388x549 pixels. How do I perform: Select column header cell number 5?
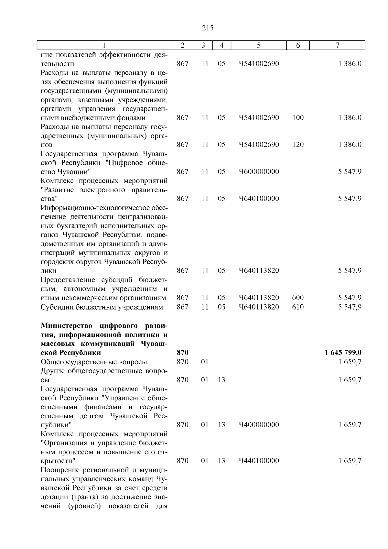[x=259, y=46]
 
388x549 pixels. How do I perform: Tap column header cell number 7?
[x=337, y=46]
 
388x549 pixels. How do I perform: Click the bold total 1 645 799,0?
[x=343, y=353]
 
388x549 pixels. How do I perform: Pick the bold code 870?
[x=183, y=353]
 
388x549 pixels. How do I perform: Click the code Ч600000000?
[x=259, y=172]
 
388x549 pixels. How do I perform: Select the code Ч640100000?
[x=259, y=199]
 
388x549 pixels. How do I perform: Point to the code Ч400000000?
[x=259, y=425]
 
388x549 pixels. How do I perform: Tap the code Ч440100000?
[x=259, y=461]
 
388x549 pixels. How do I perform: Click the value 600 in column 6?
[x=298, y=298]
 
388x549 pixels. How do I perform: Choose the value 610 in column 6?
[x=298, y=307]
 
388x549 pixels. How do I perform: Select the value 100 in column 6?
[x=298, y=118]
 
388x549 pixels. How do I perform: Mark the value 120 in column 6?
[x=298, y=145]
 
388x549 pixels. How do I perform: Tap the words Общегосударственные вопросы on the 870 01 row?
[x=94, y=362]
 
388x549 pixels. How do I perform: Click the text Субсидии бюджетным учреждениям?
[x=102, y=307]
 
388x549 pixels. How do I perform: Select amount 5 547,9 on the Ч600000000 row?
[x=350, y=172]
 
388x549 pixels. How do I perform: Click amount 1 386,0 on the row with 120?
[x=350, y=145]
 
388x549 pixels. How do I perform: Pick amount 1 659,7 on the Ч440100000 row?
[x=350, y=461]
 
